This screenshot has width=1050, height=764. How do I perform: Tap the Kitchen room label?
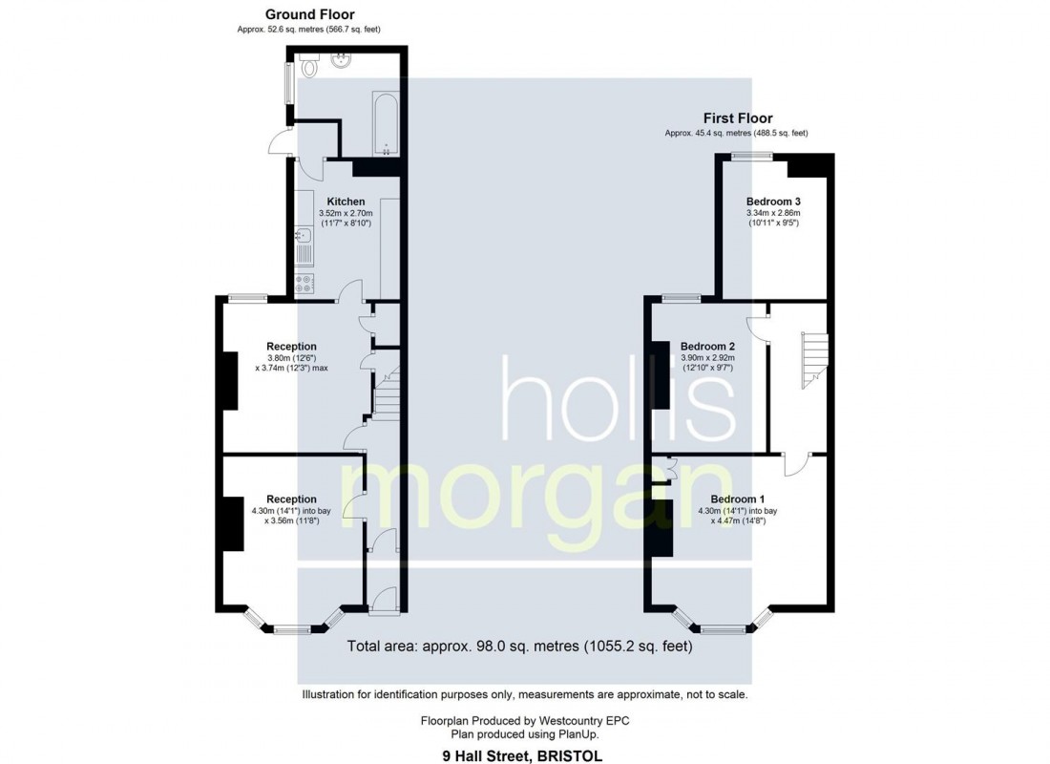tap(345, 202)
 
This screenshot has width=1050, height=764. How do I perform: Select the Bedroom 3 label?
tap(772, 202)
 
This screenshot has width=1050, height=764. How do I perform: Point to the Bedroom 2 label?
tap(706, 346)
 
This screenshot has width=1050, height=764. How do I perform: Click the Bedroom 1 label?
tap(737, 499)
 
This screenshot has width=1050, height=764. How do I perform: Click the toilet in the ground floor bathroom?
tap(308, 68)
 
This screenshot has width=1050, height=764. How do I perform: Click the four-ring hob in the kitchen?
tap(306, 284)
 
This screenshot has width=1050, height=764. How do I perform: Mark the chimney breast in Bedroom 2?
tap(661, 374)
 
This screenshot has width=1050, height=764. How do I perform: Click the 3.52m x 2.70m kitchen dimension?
tap(345, 213)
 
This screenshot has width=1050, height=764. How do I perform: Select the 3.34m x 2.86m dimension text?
tap(772, 213)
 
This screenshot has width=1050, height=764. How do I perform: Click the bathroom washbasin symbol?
tap(340, 62)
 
